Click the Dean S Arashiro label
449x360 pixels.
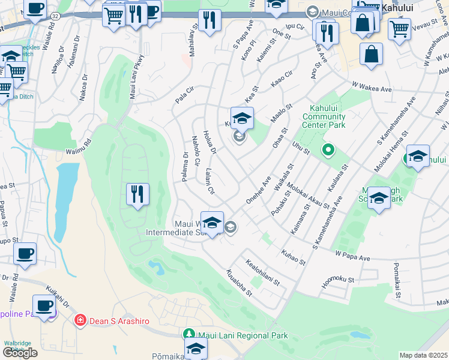119,321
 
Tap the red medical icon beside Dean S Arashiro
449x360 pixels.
79,321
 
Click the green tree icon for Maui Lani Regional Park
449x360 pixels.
188,334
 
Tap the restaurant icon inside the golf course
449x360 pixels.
138,194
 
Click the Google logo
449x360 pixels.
20,352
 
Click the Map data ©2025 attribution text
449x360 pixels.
424,355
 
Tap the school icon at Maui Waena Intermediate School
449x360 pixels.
212,223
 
